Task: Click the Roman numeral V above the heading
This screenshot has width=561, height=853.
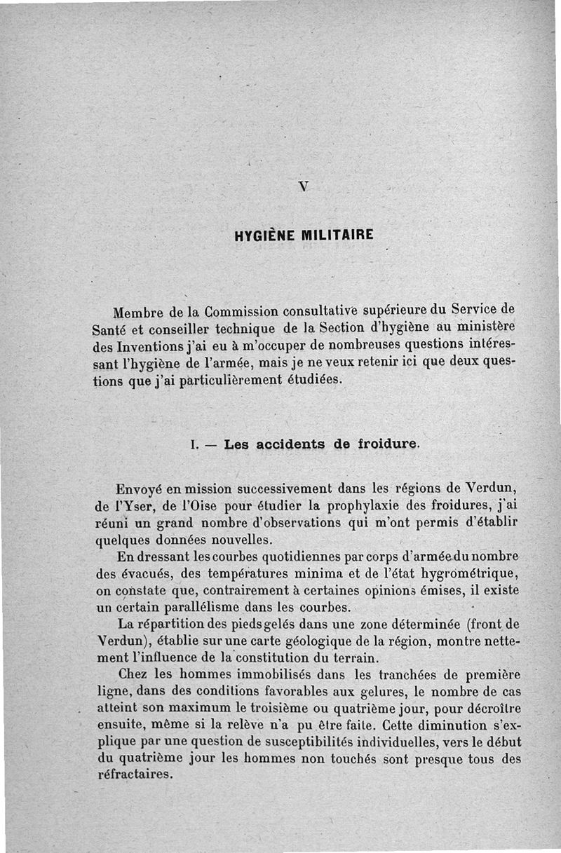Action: point(303,186)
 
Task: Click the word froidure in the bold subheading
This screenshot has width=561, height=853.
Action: point(388,444)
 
